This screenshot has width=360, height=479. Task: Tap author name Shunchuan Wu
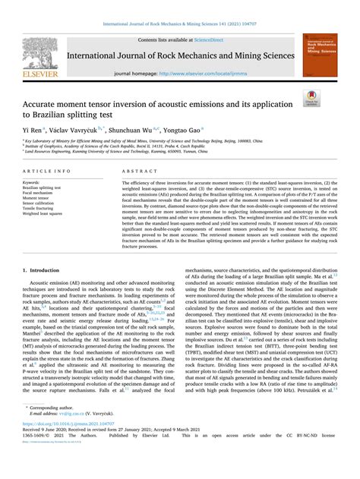click(141, 130)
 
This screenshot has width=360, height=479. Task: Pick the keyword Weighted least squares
click(47, 214)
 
